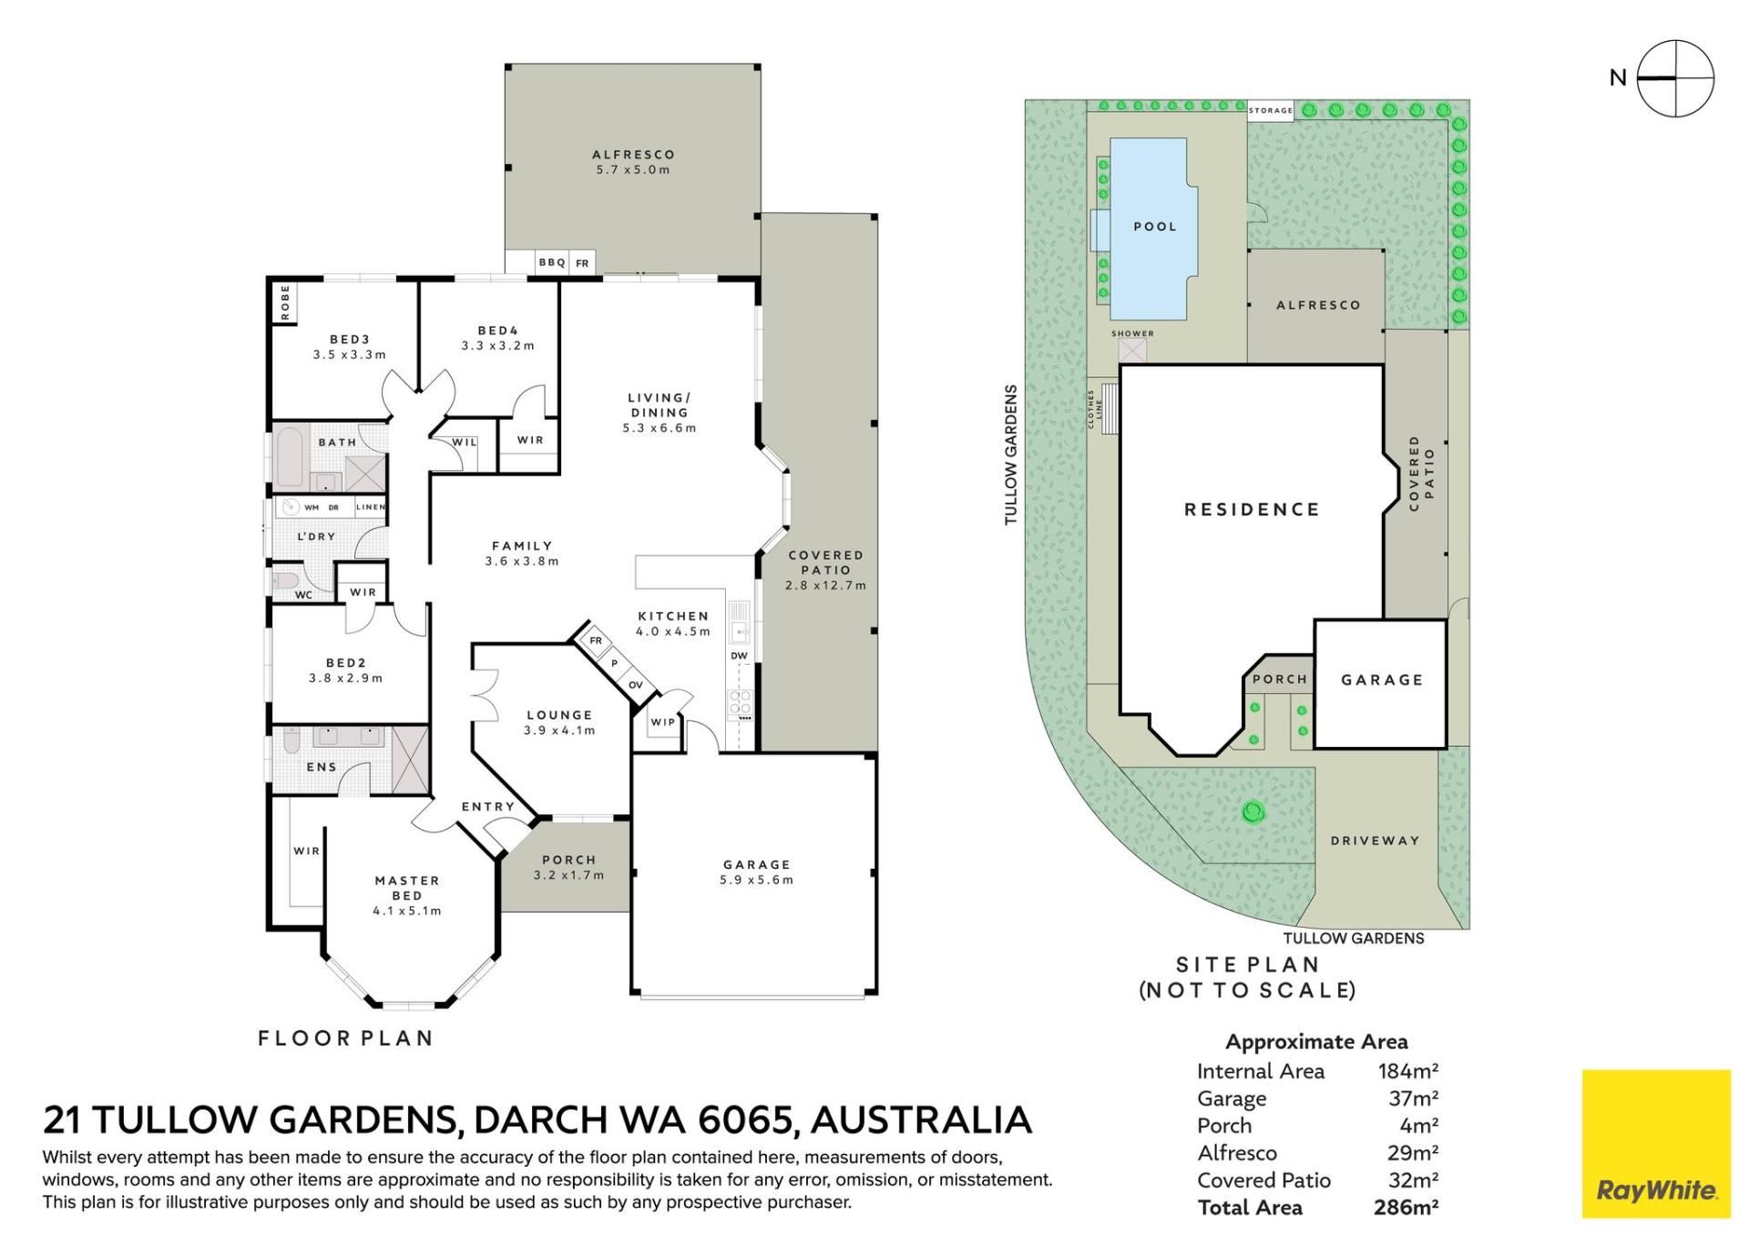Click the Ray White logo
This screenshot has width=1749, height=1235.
1656,1143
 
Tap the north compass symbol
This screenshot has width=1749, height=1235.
1675,78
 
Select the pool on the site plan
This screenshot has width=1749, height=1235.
1147,228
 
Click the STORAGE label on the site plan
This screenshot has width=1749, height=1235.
1271,110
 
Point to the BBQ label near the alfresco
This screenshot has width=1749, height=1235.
552,262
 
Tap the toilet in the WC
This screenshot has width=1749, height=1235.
286,581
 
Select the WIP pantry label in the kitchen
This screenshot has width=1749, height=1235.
663,722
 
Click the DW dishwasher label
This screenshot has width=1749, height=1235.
739,656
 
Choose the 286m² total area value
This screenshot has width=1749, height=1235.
1406,1208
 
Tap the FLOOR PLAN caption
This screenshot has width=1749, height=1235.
345,1038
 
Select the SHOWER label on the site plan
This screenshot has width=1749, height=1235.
1132,333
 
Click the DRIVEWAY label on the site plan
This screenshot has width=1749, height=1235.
1375,841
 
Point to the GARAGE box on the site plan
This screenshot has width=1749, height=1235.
1381,684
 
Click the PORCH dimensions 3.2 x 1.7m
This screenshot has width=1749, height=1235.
568,875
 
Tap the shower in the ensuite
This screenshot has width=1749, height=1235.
410,758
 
